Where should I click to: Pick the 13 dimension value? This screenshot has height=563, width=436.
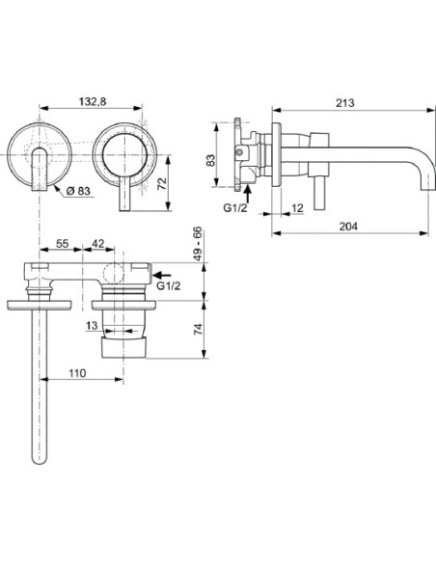pos(91,327)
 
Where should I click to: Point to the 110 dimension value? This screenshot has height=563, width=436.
pos(78,371)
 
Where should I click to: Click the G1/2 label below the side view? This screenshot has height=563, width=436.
pos(234,207)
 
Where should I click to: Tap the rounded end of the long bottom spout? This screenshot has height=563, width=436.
pos(41,459)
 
